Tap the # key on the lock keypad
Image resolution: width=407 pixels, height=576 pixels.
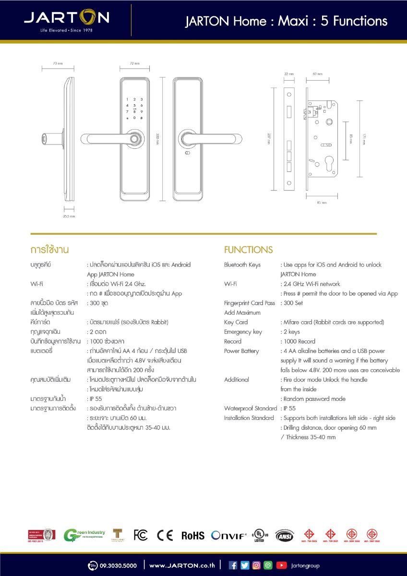142,118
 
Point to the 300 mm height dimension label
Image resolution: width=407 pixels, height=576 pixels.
157,139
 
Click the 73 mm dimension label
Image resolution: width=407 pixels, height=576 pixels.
58,63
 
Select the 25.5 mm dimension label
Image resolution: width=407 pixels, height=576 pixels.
69,216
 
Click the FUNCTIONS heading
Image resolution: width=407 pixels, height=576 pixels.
248,250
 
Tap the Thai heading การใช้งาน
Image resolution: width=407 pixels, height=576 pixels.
50,250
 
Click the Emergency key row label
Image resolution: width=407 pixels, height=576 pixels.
243,332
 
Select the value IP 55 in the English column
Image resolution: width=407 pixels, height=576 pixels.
290,408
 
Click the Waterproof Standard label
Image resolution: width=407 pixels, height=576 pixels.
251,408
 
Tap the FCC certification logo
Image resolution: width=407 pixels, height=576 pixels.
141,535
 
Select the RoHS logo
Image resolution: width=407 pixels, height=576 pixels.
192,536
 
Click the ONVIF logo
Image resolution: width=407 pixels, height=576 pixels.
229,535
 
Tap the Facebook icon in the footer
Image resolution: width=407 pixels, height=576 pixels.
233,565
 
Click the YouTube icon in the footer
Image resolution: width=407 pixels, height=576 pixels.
281,565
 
